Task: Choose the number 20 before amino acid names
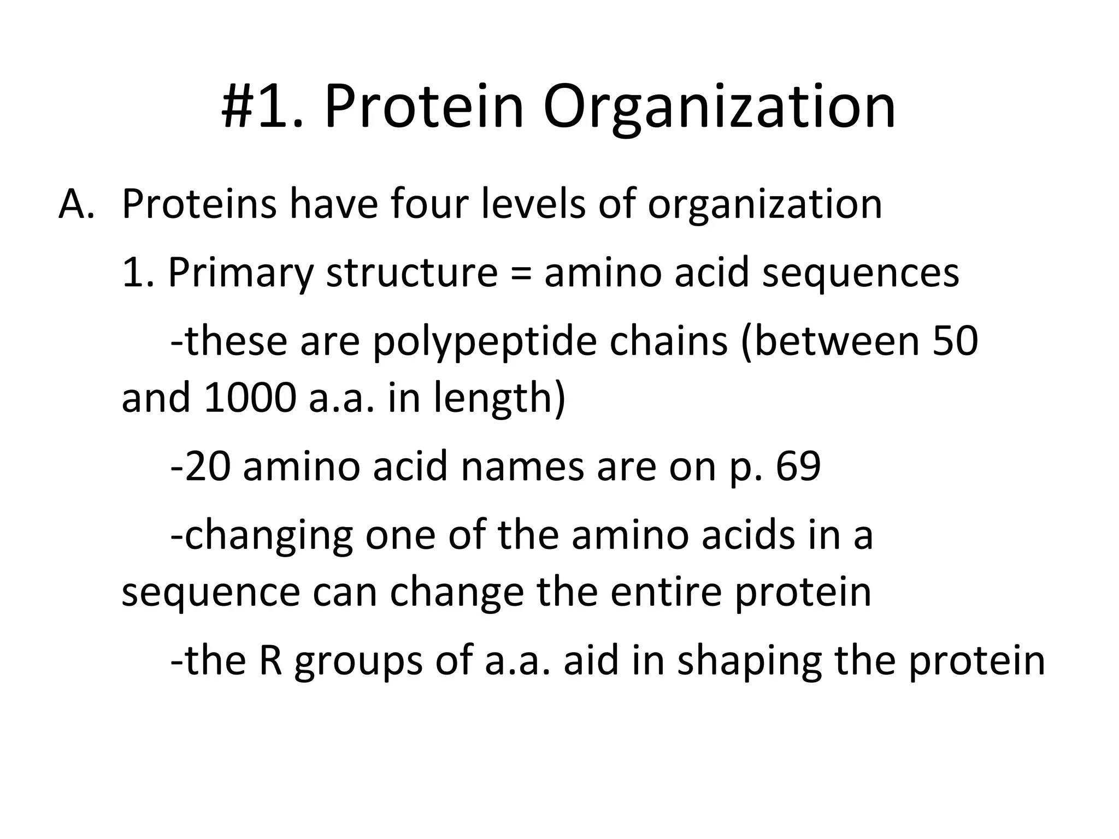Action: [x=206, y=467]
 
